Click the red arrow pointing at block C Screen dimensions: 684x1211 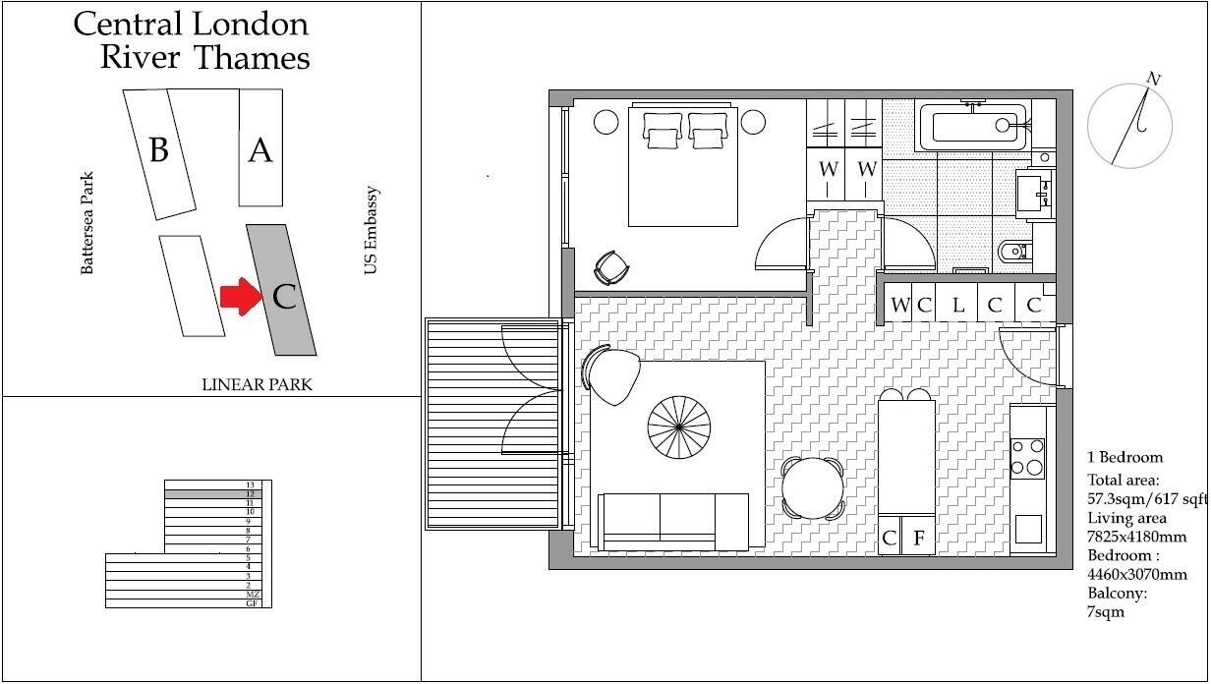click(240, 296)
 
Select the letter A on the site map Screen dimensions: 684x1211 click(259, 150)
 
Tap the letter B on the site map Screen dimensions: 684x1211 click(158, 150)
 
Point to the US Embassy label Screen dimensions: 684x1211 click(372, 231)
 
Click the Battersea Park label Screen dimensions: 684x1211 click(87, 223)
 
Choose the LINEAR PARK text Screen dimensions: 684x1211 click(257, 384)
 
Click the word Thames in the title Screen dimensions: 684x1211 click(252, 57)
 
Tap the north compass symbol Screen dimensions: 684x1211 click(1130, 126)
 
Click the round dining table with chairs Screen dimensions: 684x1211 click(812, 487)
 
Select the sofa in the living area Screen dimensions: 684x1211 click(674, 522)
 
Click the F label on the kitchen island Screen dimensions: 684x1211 click(919, 538)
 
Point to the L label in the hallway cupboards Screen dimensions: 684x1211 click(958, 305)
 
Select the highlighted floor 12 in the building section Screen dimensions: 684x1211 click(215, 494)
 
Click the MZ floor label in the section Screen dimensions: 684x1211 click(252, 595)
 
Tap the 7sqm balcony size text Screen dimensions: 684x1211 click(1105, 612)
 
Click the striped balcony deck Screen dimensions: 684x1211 click(489, 423)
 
